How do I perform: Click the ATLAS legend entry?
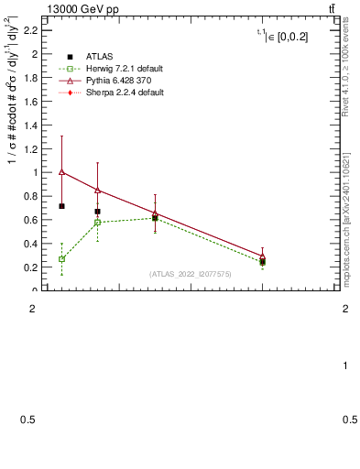pyautogui.click(x=88, y=57)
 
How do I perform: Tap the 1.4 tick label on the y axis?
pyautogui.click(x=29, y=125)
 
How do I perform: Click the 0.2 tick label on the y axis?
pyautogui.click(x=29, y=267)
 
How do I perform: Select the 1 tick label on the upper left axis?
pyautogui.click(x=33, y=172)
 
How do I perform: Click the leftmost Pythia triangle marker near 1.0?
pyautogui.click(x=61, y=171)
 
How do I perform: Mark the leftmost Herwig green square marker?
pyautogui.click(x=61, y=259)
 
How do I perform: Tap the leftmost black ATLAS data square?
pyautogui.click(x=61, y=206)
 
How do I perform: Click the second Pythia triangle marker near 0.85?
pyautogui.click(x=97, y=190)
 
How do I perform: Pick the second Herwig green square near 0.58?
pyautogui.click(x=97, y=223)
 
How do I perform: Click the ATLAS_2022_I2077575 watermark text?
pyautogui.click(x=191, y=273)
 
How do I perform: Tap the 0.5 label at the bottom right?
pyautogui.click(x=350, y=420)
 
